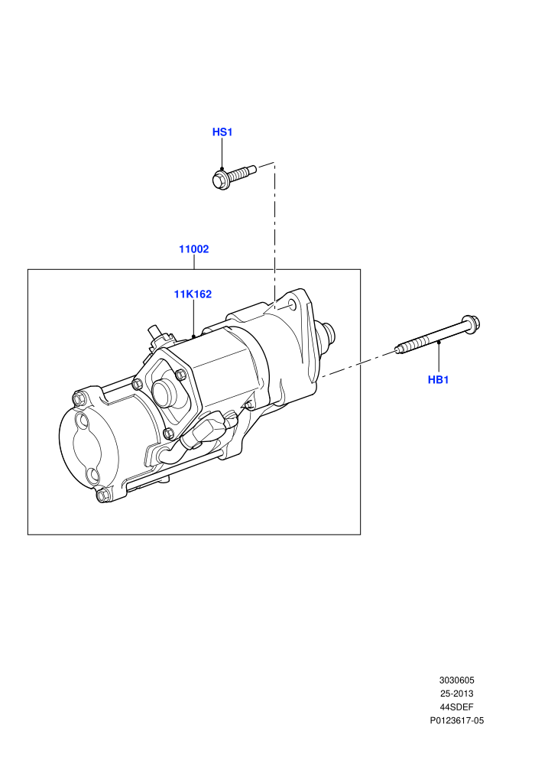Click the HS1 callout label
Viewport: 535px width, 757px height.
[222, 132]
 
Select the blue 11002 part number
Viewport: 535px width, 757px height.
[194, 249]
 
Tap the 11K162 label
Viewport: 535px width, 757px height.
[193, 294]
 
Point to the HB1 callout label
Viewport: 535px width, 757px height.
[439, 380]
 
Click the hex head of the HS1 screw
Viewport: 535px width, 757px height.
[220, 179]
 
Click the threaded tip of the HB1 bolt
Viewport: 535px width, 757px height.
[398, 349]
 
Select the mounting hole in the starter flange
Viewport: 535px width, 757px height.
[292, 305]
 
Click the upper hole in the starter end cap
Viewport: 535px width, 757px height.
[84, 422]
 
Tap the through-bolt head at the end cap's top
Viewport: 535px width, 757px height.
[78, 399]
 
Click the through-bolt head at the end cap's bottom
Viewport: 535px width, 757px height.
[102, 495]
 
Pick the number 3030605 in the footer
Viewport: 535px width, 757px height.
[456, 681]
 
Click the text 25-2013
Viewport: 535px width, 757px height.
[456, 694]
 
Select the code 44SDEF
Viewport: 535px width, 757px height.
[456, 707]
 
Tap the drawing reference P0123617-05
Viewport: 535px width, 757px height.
[457, 721]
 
